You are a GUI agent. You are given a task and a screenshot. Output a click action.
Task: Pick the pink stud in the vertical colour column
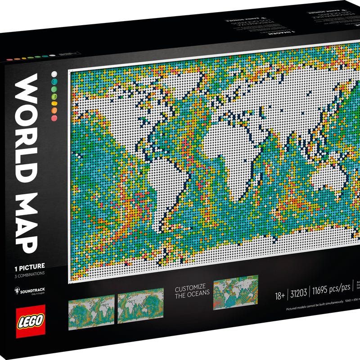click(54, 117)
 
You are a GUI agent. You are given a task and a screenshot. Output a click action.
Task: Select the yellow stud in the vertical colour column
click(54, 103)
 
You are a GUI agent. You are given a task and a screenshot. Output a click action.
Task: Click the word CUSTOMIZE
click(189, 286)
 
